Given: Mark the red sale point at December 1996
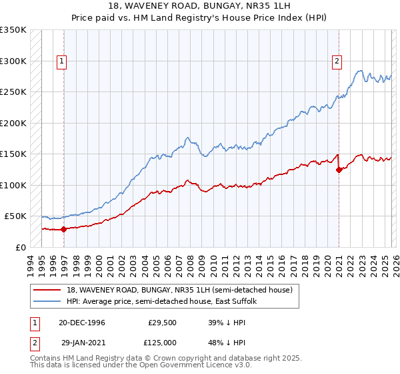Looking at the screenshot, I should (64, 229).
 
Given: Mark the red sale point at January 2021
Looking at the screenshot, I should (339, 170).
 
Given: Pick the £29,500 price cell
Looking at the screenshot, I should (163, 322).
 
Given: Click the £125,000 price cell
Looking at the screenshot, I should (163, 342).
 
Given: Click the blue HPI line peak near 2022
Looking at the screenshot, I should (360, 70).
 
